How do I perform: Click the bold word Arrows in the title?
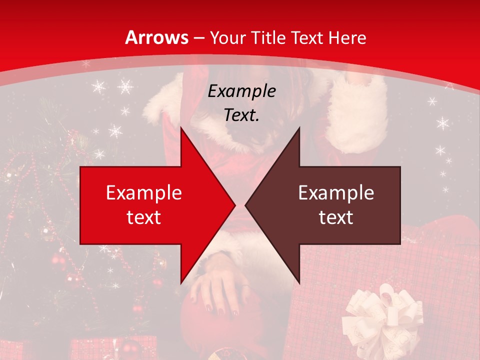pos(156,37)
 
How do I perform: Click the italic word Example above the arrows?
pos(241,91)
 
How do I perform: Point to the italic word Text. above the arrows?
pos(241,115)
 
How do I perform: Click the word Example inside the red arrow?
pos(143,192)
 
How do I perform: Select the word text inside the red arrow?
pos(143,217)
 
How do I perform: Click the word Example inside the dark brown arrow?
pos(336,192)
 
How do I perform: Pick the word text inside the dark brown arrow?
pos(336,217)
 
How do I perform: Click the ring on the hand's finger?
pos(245,286)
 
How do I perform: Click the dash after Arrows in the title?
pos(198,38)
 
